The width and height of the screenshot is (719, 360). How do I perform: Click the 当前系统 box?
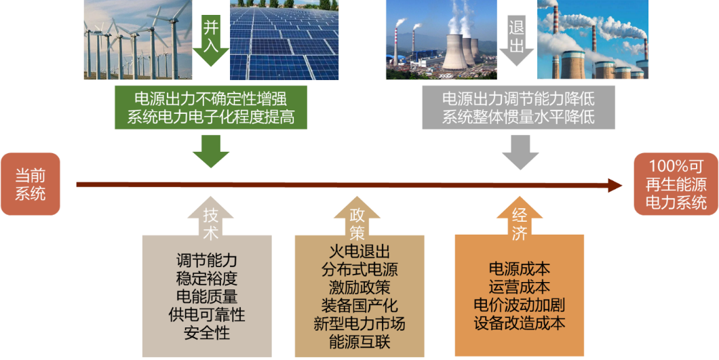[x=31, y=184]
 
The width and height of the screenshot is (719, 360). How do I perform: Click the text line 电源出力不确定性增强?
[x=211, y=97]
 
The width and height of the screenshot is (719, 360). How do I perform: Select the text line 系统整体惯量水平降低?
[x=518, y=116]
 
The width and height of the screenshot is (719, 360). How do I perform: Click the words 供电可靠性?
[x=207, y=315]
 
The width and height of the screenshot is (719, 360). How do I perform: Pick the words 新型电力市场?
[x=359, y=324]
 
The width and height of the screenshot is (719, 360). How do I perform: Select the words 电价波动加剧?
[x=520, y=304]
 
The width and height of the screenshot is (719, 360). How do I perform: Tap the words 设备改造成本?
[x=520, y=323]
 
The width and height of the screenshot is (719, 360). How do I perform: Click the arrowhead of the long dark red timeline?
[x=616, y=184]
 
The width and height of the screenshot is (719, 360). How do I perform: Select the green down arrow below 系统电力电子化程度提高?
[x=211, y=151]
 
